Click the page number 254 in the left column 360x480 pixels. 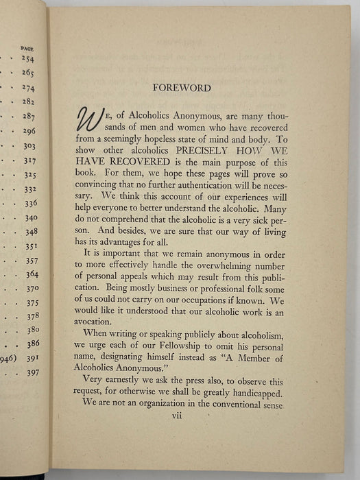coord(27,59)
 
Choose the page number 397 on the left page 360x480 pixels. coord(33,372)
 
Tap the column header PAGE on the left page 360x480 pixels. coord(27,49)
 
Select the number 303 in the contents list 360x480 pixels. coord(29,146)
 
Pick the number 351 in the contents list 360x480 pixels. coord(31,247)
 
